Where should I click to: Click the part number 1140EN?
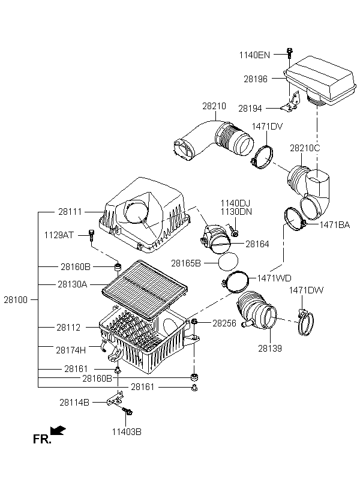click(x=254, y=55)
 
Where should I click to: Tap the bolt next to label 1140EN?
click(x=290, y=53)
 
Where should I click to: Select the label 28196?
click(x=256, y=79)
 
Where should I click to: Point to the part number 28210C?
click(x=305, y=148)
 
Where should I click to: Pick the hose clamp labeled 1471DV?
click(x=262, y=158)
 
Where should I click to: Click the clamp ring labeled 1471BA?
click(x=294, y=219)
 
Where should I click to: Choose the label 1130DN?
click(x=236, y=211)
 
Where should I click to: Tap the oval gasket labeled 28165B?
click(x=228, y=261)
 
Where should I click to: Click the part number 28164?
click(x=257, y=244)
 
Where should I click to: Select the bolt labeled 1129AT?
click(x=91, y=235)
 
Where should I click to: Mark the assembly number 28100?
click(x=16, y=299)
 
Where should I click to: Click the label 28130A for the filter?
click(x=73, y=284)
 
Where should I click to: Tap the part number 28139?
click(x=270, y=348)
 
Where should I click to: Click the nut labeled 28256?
click(x=194, y=322)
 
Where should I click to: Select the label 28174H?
click(x=71, y=350)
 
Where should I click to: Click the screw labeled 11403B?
click(x=128, y=411)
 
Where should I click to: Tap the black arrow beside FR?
click(x=58, y=431)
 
